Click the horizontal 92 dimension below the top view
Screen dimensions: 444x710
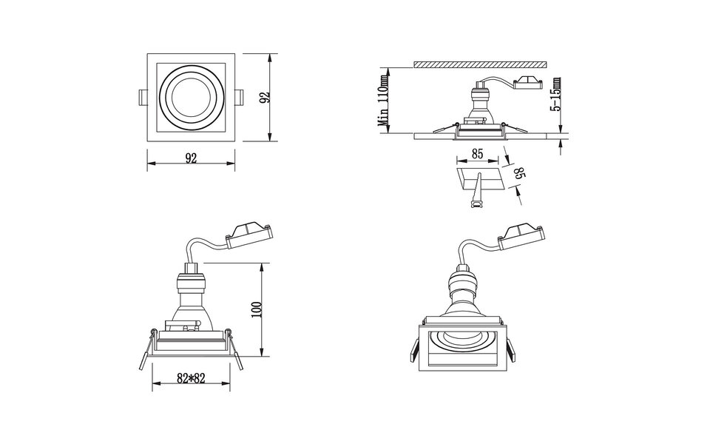coord(191,158)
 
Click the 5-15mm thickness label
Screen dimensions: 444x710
coord(555,94)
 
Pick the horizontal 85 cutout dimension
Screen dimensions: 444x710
coord(477,155)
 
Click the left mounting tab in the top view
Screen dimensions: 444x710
coord(142,98)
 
